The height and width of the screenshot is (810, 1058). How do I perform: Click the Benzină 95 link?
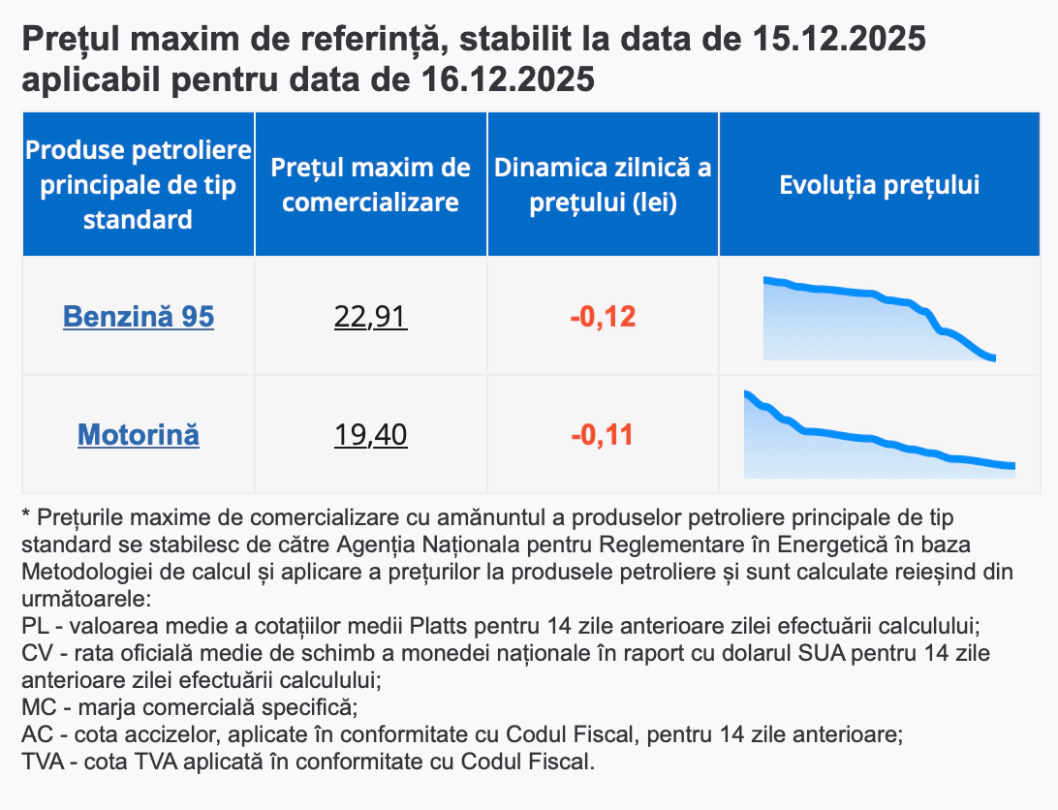(139, 317)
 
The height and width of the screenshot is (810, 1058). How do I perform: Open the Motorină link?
(139, 434)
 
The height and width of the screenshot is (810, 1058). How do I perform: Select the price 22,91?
(370, 317)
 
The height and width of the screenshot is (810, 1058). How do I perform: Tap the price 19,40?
(370, 434)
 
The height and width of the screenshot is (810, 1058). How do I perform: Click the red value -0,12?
(603, 317)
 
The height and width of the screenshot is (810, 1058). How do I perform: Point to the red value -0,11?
(603, 434)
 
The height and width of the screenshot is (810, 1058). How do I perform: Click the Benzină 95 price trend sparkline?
(878, 320)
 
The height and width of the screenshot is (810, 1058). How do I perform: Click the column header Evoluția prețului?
(879, 184)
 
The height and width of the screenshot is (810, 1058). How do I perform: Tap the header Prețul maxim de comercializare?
(370, 184)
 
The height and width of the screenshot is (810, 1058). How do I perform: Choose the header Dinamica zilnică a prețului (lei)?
(603, 184)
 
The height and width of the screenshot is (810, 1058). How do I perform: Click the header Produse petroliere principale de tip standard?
(139, 184)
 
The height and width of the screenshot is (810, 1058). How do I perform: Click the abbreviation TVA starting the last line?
(42, 761)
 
